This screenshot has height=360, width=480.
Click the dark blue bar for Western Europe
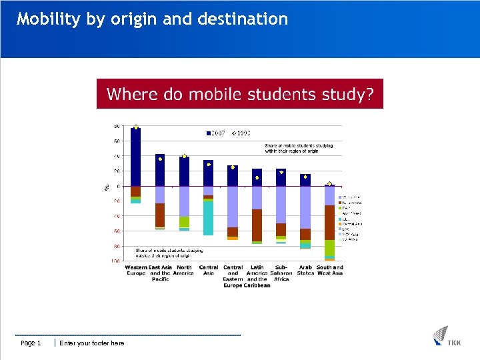(136, 157)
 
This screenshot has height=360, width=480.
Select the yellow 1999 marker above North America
(184, 156)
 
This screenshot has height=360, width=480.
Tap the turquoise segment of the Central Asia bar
(208, 217)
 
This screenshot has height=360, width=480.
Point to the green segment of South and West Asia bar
(329, 248)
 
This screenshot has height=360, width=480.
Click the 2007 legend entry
(218, 133)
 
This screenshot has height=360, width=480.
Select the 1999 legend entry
(241, 133)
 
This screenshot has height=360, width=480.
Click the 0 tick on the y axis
(118, 186)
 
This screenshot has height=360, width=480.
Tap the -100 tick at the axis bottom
(115, 261)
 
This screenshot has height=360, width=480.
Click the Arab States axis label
(305, 270)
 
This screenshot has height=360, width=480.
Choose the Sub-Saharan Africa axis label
(281, 273)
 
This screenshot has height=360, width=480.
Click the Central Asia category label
(209, 270)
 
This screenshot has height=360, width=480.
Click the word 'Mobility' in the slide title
(49, 19)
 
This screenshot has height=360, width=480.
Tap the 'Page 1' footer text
(31, 343)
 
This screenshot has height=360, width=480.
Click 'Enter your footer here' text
(91, 343)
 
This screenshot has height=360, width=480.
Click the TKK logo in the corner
(446, 336)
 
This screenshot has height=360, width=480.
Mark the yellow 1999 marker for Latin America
(257, 178)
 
